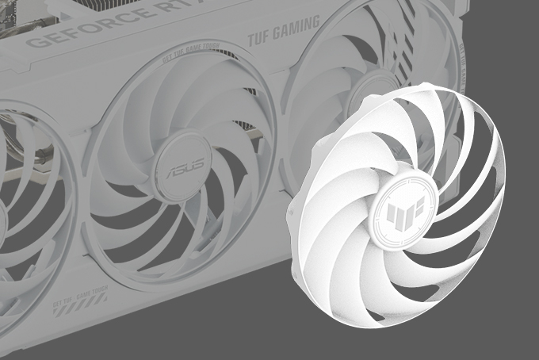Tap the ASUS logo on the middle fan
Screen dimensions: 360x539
point(182,171)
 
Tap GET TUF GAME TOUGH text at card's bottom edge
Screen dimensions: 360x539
point(72,302)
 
